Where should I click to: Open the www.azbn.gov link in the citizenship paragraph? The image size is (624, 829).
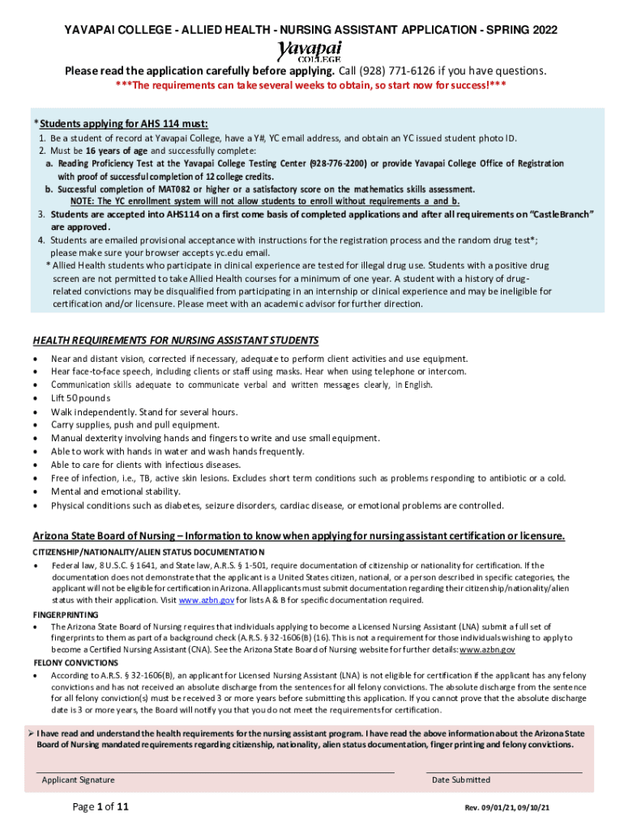point(206,601)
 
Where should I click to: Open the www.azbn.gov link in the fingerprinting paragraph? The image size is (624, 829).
point(487,650)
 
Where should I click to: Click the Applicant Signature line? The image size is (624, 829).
point(216,772)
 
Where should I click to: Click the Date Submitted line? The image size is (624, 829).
point(503,772)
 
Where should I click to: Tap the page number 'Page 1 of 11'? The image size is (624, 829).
point(100,807)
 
